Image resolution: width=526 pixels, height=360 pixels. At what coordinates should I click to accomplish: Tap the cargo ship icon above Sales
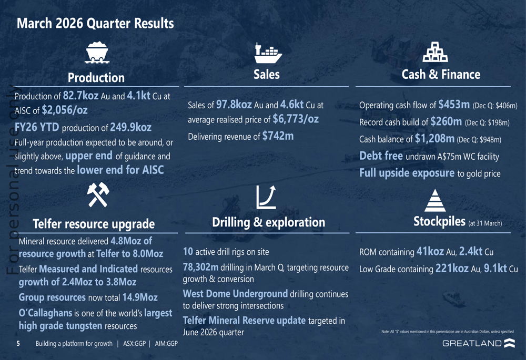pos(267,53)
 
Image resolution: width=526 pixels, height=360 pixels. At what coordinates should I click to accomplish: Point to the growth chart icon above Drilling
pos(267,197)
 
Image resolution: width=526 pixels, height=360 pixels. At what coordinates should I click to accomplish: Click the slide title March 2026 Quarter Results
pos(95,24)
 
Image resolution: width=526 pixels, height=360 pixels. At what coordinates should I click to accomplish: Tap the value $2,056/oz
pos(65,110)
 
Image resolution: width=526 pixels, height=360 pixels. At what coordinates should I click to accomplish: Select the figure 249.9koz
pos(131,128)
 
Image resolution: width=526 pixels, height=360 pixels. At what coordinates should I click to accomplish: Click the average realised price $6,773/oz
pos(296,119)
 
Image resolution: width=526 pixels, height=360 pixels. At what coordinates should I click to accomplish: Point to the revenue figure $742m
pos(278,136)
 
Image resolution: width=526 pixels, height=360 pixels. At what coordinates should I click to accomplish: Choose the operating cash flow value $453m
pos(454,105)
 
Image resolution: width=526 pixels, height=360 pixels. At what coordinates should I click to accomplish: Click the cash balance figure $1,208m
pos(434,139)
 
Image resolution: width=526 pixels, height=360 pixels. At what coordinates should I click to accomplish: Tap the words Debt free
pos(381,156)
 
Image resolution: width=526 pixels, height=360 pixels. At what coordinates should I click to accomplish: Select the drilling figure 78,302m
pos(200,267)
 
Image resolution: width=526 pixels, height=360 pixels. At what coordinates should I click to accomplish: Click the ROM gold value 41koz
pos(430,252)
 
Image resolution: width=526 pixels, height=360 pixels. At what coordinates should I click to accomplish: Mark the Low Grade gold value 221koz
pos(452,269)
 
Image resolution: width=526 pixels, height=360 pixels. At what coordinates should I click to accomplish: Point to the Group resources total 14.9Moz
pos(140,297)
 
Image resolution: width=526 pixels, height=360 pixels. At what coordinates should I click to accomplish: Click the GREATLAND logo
pos(479,344)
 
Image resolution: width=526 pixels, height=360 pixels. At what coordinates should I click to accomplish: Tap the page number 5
pos(18,344)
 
